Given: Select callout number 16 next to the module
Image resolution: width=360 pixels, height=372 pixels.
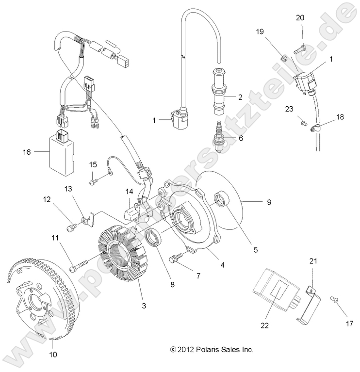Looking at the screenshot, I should tap(26, 152).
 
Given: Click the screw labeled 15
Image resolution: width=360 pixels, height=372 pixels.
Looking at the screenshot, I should tap(94, 181).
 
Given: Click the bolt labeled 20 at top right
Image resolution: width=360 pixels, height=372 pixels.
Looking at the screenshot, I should tap(299, 49).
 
